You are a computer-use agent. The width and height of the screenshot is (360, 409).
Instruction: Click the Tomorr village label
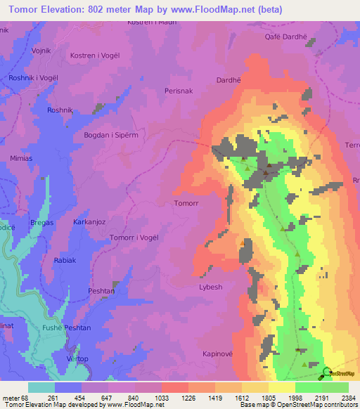click(x=185, y=203)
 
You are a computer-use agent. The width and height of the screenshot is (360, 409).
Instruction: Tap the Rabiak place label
click(x=65, y=260)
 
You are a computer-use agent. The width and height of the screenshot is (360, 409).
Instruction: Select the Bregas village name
click(x=41, y=222)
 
